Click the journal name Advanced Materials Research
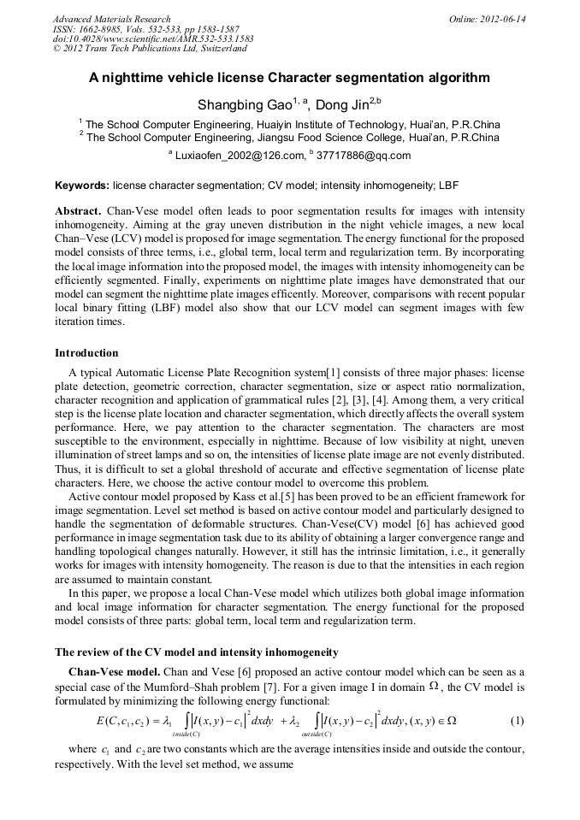point(111,19)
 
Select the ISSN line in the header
point(146,29)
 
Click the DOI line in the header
point(152,39)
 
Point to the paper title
point(289,78)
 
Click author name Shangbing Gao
point(245,106)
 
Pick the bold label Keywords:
point(81,185)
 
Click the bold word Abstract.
point(78,210)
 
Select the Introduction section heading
point(86,352)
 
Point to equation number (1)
point(517,720)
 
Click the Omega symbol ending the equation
point(451,720)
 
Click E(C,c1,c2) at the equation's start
point(127,720)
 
